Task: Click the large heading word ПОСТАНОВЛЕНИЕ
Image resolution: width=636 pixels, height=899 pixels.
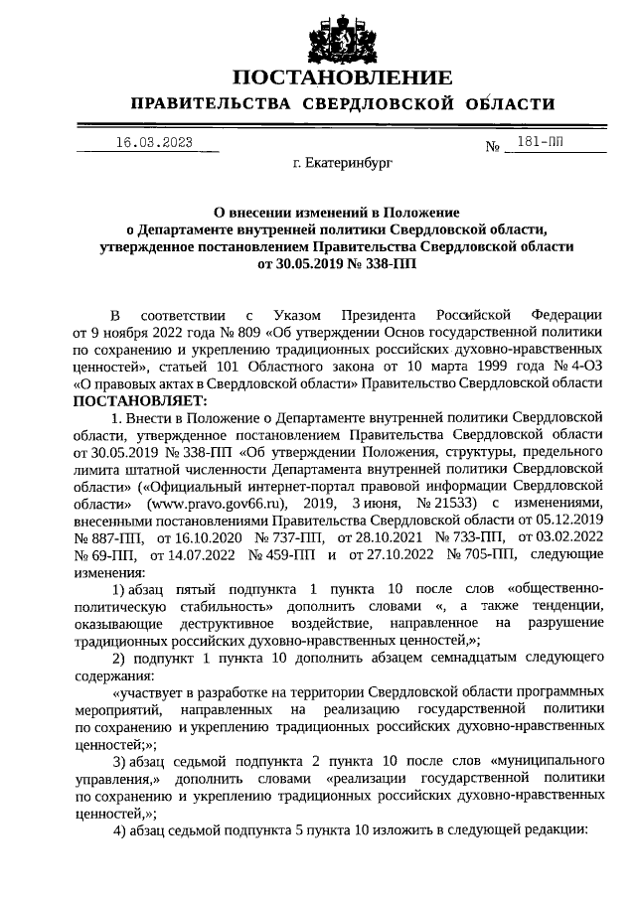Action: (342, 77)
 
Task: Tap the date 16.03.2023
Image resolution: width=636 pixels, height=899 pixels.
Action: (154, 143)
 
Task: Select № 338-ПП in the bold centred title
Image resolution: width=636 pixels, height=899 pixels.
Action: (385, 265)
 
